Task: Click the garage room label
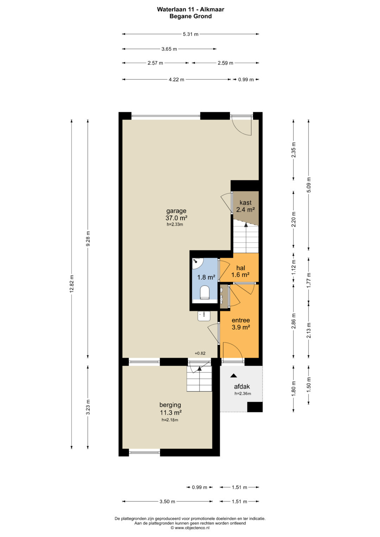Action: (176, 211)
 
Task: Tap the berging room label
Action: (170, 405)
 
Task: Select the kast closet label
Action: (246, 203)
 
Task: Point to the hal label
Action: (241, 268)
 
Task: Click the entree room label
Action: (241, 320)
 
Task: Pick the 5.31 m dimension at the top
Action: (191, 34)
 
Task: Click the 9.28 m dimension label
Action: (88, 238)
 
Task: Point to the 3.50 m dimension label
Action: (167, 501)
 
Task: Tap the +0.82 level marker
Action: (200, 353)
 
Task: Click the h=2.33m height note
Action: (175, 225)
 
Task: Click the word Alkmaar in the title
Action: (213, 9)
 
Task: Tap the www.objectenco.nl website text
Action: (192, 528)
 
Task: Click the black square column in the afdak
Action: (255, 407)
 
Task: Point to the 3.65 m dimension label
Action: (169, 49)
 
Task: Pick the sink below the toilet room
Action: (204, 316)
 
